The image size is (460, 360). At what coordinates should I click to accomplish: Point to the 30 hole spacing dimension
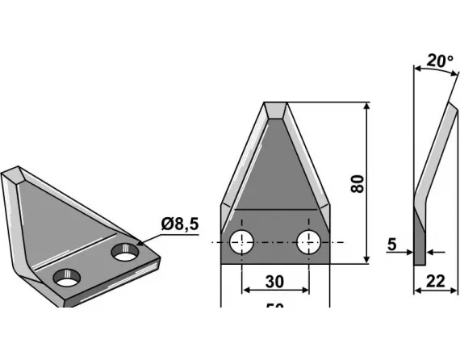pos(275,282)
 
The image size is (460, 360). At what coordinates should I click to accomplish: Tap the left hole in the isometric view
pos(66,278)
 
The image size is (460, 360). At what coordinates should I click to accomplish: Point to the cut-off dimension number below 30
pos(275,306)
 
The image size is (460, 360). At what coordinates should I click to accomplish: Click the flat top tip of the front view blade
pos(275,106)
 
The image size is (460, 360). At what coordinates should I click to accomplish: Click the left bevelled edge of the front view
pos(241,161)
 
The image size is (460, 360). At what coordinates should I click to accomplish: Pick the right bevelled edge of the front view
pos(308,161)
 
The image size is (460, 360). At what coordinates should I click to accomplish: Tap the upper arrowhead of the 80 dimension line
pos(368,107)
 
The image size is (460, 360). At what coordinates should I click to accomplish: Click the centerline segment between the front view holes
pos(274,241)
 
